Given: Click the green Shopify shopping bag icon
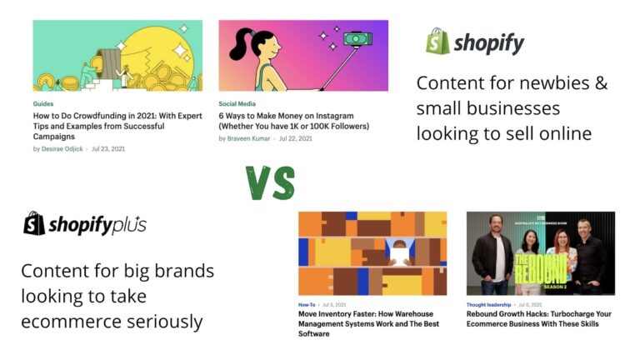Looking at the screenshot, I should pos(437,42).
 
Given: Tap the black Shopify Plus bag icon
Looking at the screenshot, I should pos(34,223).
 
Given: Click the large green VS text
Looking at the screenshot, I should pos(270,182).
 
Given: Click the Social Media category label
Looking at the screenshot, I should pos(237,104).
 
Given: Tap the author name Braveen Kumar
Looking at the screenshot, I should pos(249,138).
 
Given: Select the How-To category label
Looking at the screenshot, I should pos(307,305).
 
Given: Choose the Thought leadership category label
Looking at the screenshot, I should pos(489,305).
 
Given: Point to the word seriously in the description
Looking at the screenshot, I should pos(163,321).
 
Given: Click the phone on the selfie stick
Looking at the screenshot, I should pos(358,38).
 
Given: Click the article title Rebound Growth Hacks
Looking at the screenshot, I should pos(540,320).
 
